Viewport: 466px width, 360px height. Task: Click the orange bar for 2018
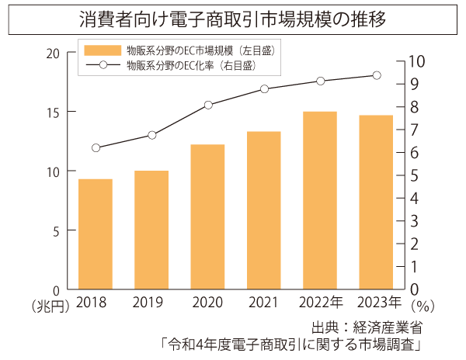tap(96, 234)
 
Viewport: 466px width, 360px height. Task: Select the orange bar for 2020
tap(207, 216)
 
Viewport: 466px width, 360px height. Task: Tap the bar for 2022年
tap(320, 200)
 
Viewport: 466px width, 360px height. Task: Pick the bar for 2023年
tap(376, 202)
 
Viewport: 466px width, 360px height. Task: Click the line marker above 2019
tap(152, 135)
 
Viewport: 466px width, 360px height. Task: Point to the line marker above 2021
tap(264, 88)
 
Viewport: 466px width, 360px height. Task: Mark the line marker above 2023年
tap(377, 75)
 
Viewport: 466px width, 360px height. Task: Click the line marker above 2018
tap(96, 147)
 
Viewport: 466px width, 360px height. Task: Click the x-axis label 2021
tap(264, 303)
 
